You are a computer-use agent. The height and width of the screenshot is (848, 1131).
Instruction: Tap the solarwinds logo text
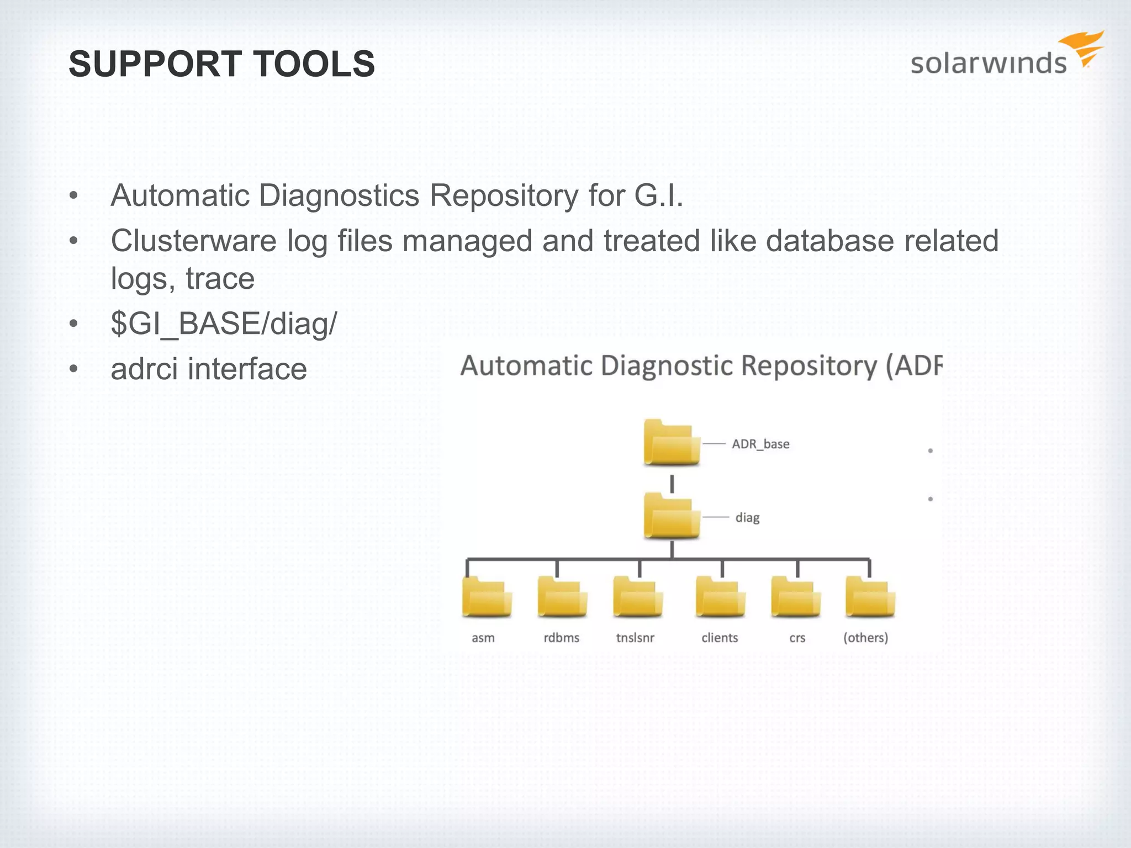point(989,63)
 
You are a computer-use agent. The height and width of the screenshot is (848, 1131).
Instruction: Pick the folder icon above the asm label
point(487,597)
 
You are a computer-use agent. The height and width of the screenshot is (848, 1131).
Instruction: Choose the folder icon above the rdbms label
point(562,597)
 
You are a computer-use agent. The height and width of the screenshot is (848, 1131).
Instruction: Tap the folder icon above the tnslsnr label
point(637,597)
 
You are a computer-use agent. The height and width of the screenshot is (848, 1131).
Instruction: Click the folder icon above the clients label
point(720,597)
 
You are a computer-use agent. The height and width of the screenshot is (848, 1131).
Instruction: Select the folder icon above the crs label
point(796,597)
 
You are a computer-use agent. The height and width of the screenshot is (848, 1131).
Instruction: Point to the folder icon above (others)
point(870,597)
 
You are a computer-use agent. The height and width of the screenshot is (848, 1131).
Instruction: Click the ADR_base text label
point(760,444)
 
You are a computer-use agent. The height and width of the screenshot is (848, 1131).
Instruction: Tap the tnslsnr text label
point(635,638)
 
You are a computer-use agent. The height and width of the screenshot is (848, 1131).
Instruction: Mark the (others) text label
point(865,638)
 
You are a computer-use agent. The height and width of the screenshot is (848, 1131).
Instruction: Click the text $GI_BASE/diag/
point(224,324)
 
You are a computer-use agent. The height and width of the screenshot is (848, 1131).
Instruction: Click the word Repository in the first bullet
point(503,195)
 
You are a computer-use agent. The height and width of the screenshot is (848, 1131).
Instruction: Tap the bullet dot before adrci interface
point(74,369)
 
